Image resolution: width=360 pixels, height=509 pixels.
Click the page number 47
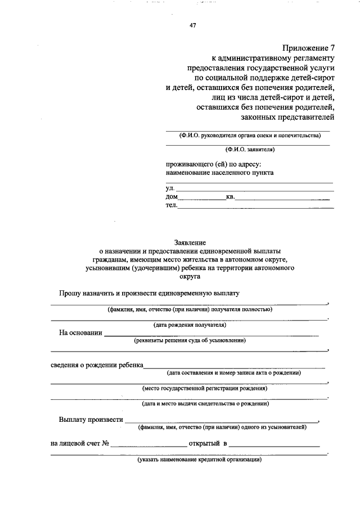click(x=193, y=25)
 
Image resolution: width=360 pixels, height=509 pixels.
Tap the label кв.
click(x=230, y=197)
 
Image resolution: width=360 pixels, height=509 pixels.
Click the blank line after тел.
click(x=256, y=207)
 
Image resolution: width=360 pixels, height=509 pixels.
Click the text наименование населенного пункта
click(x=219, y=173)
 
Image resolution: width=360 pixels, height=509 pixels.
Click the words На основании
click(x=80, y=332)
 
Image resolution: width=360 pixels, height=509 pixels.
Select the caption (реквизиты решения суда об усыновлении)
click(x=190, y=340)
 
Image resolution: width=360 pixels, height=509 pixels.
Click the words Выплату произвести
click(x=90, y=420)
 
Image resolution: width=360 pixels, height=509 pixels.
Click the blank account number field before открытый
click(x=149, y=444)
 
